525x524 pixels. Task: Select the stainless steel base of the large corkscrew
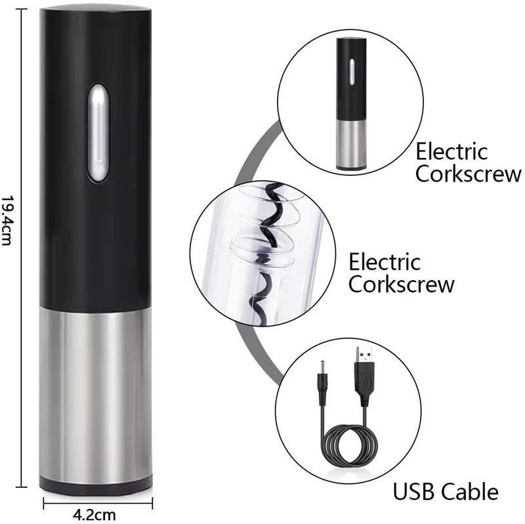(x=96, y=393)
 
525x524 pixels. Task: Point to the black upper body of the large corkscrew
(x=96, y=216)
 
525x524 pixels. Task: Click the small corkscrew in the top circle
(x=350, y=102)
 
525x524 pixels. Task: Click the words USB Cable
(x=445, y=491)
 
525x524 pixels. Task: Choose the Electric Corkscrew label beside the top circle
(x=469, y=163)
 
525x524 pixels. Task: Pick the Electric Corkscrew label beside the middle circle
(x=401, y=273)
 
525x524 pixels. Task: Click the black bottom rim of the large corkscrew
(x=96, y=486)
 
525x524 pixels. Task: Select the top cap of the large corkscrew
(x=96, y=9)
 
